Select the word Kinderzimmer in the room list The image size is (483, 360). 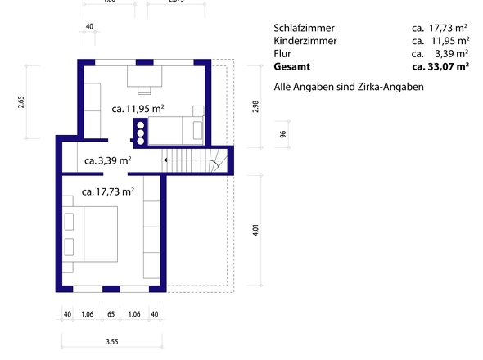tap(305, 40)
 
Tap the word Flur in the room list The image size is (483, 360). tap(282, 53)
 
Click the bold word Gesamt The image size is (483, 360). tap(292, 66)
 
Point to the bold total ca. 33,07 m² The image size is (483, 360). tap(440, 66)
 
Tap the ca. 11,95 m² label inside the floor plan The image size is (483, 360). tap(138, 108)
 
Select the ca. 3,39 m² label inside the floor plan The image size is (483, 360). tap(107, 160)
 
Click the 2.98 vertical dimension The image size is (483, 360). tap(255, 107)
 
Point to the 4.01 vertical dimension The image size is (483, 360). tap(255, 230)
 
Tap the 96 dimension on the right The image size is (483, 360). tap(282, 135)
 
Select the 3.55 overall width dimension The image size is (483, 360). tap(111, 342)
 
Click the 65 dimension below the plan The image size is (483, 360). tap(111, 313)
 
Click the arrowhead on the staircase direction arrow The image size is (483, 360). tap(165, 160)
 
